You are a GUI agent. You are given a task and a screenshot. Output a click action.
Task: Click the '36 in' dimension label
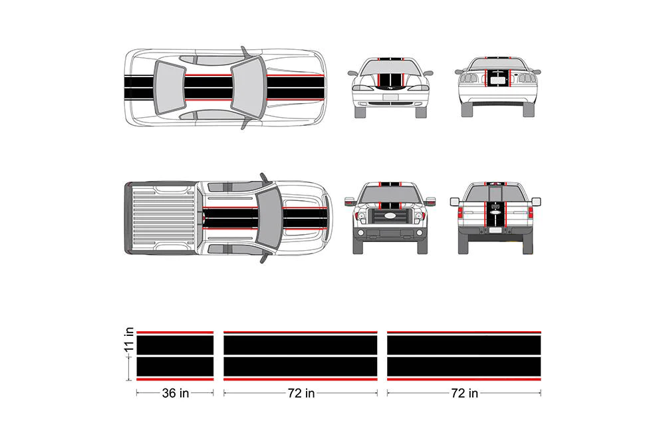[x=175, y=393]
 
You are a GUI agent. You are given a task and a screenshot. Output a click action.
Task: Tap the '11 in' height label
[x=130, y=340]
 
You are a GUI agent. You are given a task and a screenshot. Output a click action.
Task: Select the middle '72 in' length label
[x=301, y=393]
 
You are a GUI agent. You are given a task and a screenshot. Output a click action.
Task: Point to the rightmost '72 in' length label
[x=464, y=393]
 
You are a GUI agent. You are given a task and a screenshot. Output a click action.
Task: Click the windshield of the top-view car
[x=249, y=87]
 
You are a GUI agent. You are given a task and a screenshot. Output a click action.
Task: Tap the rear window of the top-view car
[x=170, y=87]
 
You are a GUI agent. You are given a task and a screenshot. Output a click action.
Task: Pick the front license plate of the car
[x=390, y=98]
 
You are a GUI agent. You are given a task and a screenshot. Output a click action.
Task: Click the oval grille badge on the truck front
[x=390, y=216]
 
